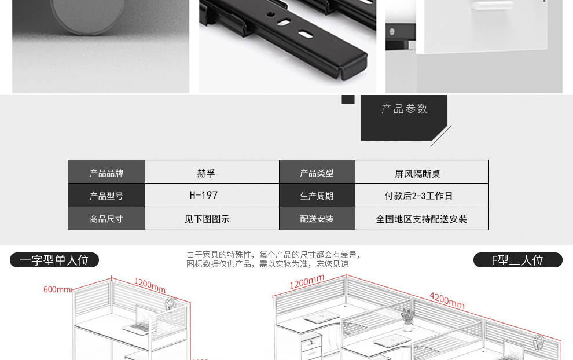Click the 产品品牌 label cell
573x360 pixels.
(106, 173)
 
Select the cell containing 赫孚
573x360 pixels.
(206, 173)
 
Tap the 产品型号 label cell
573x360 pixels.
(106, 196)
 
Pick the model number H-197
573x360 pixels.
(204, 196)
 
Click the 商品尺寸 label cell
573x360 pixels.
(106, 219)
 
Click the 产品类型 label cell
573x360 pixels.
(317, 173)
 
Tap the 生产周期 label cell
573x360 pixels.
(317, 196)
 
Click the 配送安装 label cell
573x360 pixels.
(317, 219)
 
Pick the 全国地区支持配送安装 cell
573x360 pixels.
(421, 219)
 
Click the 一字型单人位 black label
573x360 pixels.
(54, 260)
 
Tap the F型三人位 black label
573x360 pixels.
(517, 260)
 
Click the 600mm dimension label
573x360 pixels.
(57, 289)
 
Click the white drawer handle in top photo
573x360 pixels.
(492, 6)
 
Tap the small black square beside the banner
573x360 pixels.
(348, 99)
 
